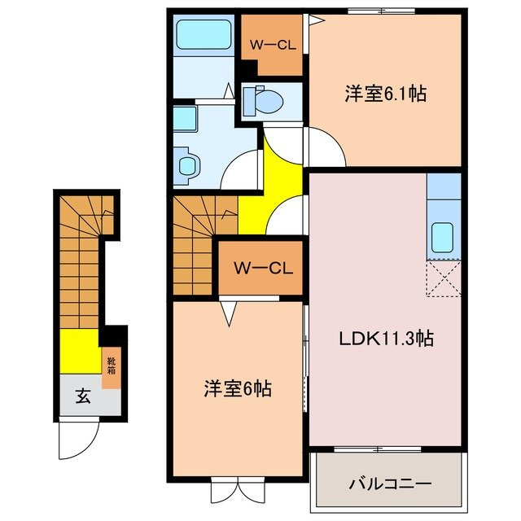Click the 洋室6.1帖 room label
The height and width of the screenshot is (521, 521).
click(x=385, y=94)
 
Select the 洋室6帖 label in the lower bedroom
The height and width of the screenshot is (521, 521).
click(x=237, y=389)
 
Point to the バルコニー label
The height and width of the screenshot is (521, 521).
click(x=390, y=482)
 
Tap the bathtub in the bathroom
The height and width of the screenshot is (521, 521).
click(x=204, y=37)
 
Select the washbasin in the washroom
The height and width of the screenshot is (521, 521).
click(x=186, y=163)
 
